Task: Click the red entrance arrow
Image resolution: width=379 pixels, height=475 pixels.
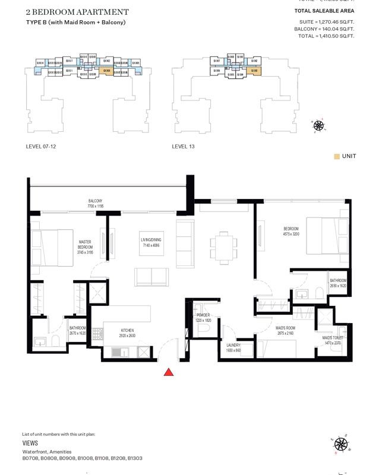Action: click(169, 372)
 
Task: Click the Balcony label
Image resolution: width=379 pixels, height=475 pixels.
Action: click(96, 201)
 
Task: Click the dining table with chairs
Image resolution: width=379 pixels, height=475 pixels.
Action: click(221, 246)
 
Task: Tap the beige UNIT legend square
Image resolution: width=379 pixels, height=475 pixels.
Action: click(337, 156)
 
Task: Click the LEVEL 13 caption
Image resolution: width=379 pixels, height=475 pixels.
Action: click(183, 145)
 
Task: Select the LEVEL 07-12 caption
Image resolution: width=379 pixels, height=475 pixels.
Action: click(41, 145)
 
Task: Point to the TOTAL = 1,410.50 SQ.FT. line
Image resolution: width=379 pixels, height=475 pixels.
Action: click(326, 36)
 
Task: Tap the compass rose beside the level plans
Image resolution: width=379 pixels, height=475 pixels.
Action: click(318, 125)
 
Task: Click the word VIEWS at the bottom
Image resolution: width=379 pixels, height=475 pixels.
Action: click(30, 443)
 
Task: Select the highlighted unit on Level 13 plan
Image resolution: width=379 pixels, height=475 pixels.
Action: click(254, 71)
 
